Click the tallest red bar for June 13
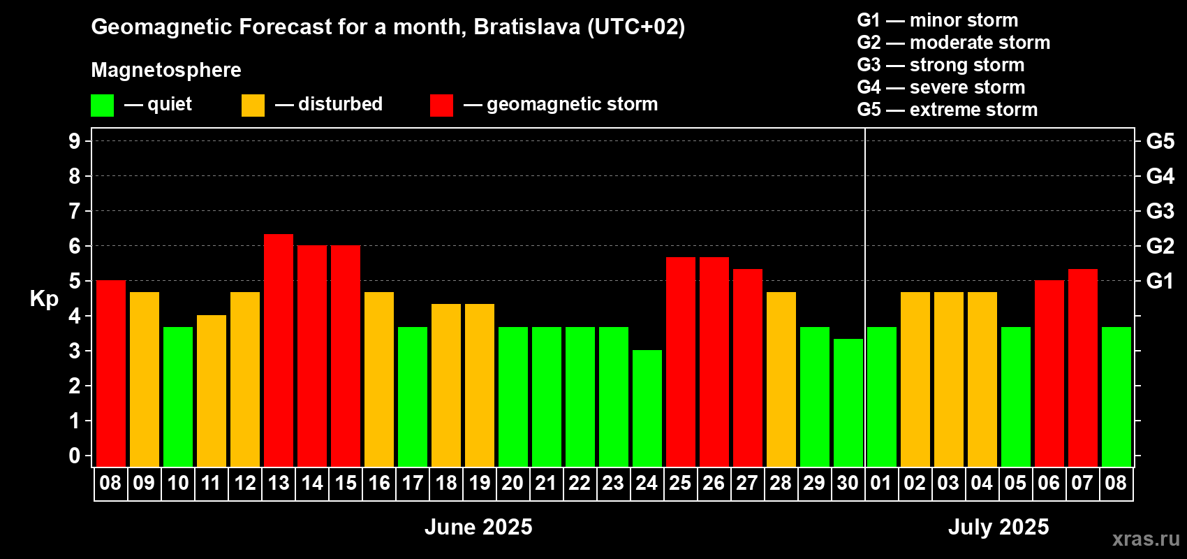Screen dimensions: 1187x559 coord(278,350)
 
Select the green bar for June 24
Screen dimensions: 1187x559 coord(647,408)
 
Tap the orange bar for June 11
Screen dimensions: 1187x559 coord(212,391)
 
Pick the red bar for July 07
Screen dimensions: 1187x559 coord(1082,368)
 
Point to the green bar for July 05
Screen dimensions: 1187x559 coord(1016,397)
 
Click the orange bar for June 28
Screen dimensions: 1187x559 coord(781,379)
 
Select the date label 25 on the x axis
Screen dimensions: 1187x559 coord(680,483)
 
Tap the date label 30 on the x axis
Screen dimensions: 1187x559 coord(848,483)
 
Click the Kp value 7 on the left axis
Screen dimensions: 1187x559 coord(74,211)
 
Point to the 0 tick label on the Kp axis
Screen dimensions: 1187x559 coord(74,456)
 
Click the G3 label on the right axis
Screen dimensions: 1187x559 coord(1160,211)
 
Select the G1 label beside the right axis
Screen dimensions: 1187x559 coord(1160,281)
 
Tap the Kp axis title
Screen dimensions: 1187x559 coord(44,299)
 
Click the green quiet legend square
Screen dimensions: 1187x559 coord(102,105)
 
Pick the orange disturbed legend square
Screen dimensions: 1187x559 coord(253,105)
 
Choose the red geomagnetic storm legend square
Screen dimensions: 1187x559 coord(441,105)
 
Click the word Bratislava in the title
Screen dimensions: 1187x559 coord(526,27)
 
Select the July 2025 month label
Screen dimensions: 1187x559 coord(998,527)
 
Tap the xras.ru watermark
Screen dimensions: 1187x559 coord(1146,539)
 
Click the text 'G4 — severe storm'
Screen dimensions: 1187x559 coord(941,87)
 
